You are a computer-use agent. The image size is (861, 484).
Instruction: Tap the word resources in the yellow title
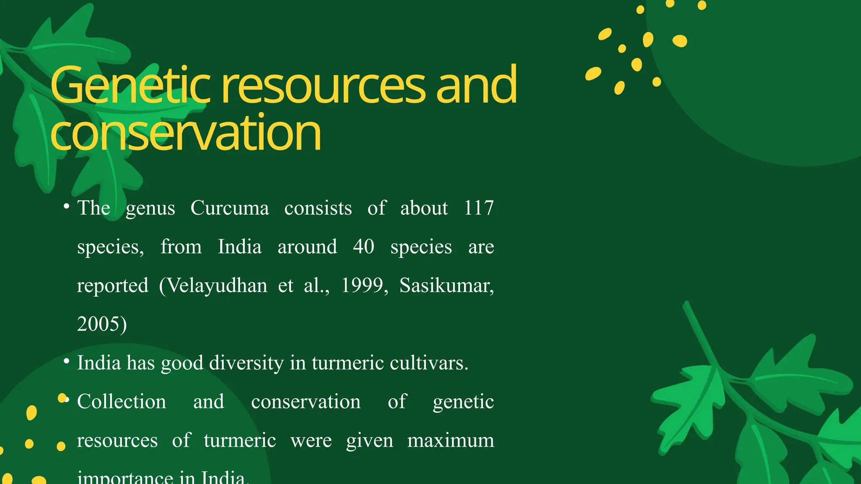324,87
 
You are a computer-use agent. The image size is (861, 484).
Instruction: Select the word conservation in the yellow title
185,133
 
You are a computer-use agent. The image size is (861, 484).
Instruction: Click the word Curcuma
230,208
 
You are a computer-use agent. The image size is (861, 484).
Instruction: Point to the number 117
478,208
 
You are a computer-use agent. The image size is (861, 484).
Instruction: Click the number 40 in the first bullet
363,247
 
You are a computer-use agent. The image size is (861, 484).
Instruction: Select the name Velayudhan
217,286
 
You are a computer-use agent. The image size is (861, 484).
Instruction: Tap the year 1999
362,286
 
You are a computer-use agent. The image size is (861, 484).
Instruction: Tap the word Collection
121,402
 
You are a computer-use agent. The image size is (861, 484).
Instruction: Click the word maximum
450,440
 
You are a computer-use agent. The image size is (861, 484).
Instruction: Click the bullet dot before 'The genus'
66,206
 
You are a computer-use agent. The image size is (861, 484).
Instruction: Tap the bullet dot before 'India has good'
66,361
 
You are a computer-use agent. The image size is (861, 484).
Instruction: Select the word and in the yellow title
476,86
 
